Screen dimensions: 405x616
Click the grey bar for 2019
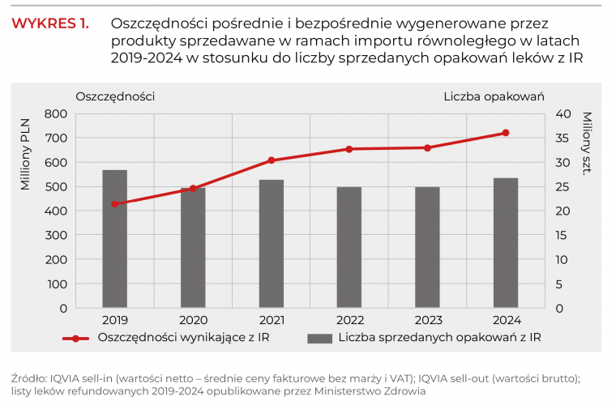[x=114, y=239]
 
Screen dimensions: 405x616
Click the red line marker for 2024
[x=506, y=133]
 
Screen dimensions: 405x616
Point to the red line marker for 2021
[x=271, y=160]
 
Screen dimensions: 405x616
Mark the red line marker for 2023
[x=427, y=147]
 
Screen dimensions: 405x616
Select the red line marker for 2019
[x=114, y=204]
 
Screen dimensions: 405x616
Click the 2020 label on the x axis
[x=193, y=320]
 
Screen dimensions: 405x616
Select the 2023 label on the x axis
[x=427, y=320]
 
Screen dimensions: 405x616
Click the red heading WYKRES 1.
[x=50, y=23]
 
